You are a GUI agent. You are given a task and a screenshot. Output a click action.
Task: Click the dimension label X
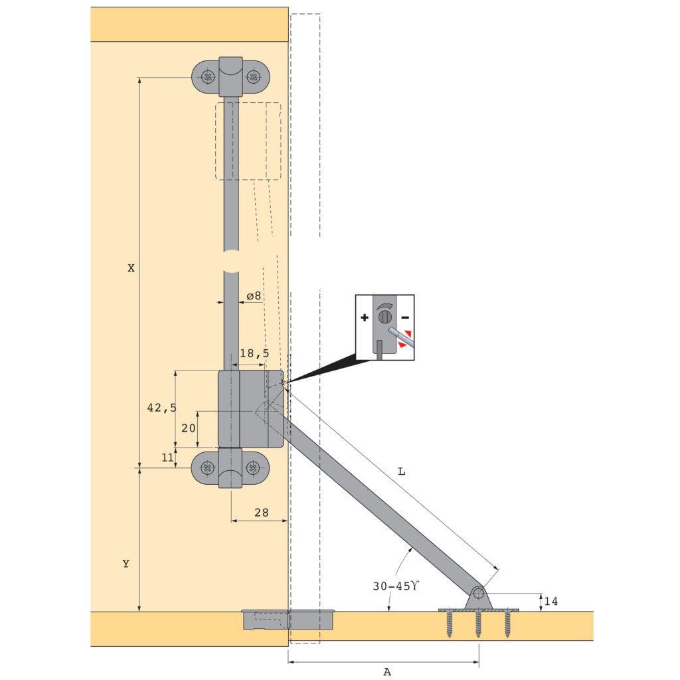[131, 268]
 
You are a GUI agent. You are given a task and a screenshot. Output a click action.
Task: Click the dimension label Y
[126, 564]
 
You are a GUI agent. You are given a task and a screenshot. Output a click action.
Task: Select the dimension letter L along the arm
[401, 471]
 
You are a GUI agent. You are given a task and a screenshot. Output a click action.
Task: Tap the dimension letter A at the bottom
[387, 672]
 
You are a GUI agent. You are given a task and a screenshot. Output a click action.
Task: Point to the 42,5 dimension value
[162, 408]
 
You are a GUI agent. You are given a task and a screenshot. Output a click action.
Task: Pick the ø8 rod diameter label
[253, 296]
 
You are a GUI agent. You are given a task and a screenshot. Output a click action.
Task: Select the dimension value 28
[261, 512]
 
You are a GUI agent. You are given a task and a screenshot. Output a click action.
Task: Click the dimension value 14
[551, 602]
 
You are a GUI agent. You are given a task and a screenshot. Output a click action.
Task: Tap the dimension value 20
[189, 428]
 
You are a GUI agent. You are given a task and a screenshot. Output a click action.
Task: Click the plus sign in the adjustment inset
[365, 318]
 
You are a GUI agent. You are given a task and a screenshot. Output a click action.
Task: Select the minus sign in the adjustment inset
[405, 318]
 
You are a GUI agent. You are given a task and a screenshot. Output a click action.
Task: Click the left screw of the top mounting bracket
[209, 77]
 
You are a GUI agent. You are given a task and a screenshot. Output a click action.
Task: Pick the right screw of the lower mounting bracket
[253, 468]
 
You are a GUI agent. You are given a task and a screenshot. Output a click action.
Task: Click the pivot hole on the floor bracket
[478, 593]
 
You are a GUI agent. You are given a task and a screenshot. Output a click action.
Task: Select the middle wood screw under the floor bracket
[478, 624]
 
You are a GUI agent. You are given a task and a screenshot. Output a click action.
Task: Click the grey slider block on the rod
[251, 409]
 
